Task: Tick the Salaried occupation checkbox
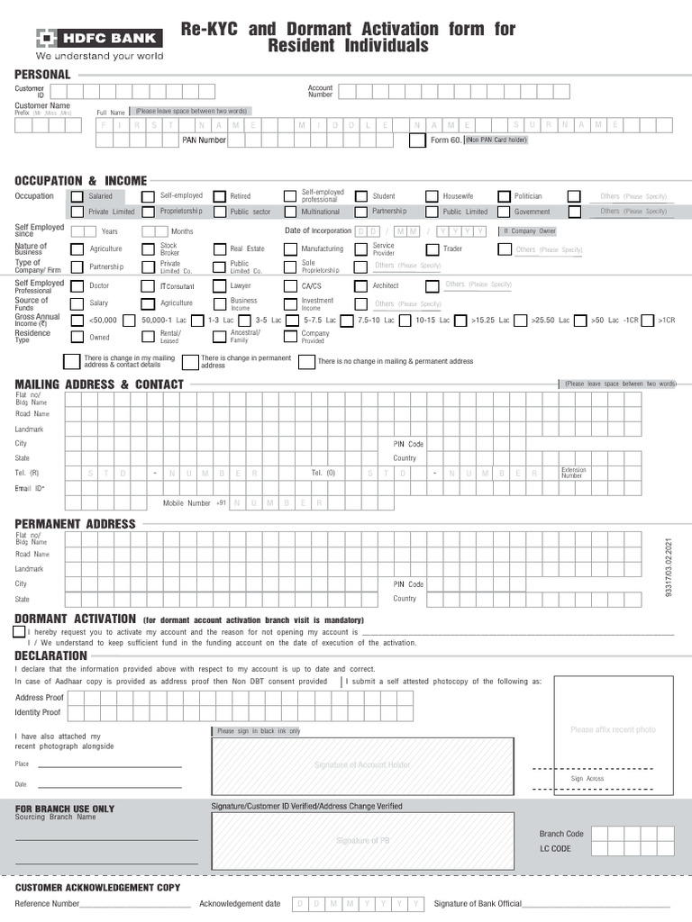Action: (x=77, y=196)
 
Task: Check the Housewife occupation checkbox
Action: (x=432, y=196)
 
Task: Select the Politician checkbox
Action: (x=503, y=196)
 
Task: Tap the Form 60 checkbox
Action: (x=416, y=140)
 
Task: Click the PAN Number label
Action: (x=204, y=140)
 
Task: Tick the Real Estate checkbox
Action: (x=219, y=249)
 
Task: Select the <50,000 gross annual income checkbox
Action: (x=77, y=321)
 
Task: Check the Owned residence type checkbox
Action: (x=77, y=338)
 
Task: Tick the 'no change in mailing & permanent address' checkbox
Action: (x=306, y=362)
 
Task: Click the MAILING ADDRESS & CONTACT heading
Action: (x=99, y=384)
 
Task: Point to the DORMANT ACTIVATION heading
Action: (x=76, y=619)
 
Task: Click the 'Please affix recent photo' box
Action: (x=613, y=729)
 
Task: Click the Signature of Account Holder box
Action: (x=362, y=765)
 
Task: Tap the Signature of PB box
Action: (x=362, y=840)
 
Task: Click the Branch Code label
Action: (x=561, y=834)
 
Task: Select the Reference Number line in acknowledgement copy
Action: (x=135, y=904)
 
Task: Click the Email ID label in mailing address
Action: (x=30, y=488)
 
